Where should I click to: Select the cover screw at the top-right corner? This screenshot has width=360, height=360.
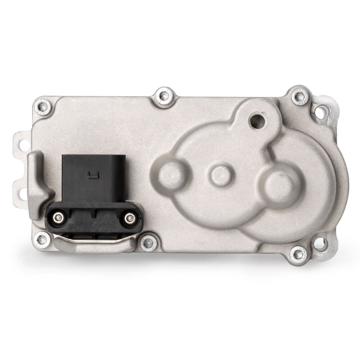(299, 96)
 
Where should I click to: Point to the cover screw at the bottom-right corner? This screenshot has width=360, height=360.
(298, 254)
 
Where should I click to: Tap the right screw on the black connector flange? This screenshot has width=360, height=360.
(130, 218)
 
